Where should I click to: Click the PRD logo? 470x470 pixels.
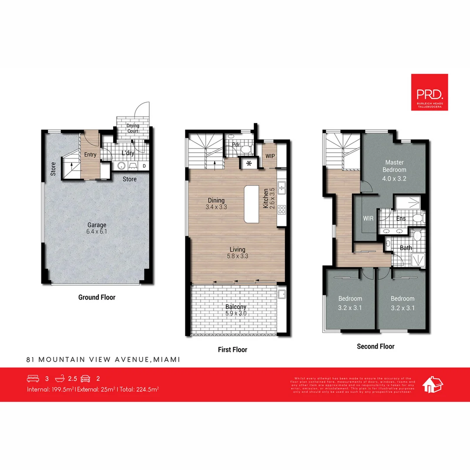pos(429,92)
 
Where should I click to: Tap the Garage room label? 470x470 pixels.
pos(97,228)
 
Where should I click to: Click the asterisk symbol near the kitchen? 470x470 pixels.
pos(249,164)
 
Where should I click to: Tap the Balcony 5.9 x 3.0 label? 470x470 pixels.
pos(236,310)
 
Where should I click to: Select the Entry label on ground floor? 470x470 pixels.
pos(90,155)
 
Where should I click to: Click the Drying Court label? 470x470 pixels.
pos(133,128)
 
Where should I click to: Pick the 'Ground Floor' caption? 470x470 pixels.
pos(97,297)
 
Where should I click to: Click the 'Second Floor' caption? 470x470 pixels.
pos(376,346)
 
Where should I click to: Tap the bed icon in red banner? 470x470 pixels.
pos(33,379)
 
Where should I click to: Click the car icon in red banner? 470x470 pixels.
pos(85,379)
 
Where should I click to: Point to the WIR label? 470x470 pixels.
pos(368,218)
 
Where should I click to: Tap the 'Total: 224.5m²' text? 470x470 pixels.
pos(138,389)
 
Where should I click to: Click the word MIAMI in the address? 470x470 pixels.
pos(167,359)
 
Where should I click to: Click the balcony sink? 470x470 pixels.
pos(282,294)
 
